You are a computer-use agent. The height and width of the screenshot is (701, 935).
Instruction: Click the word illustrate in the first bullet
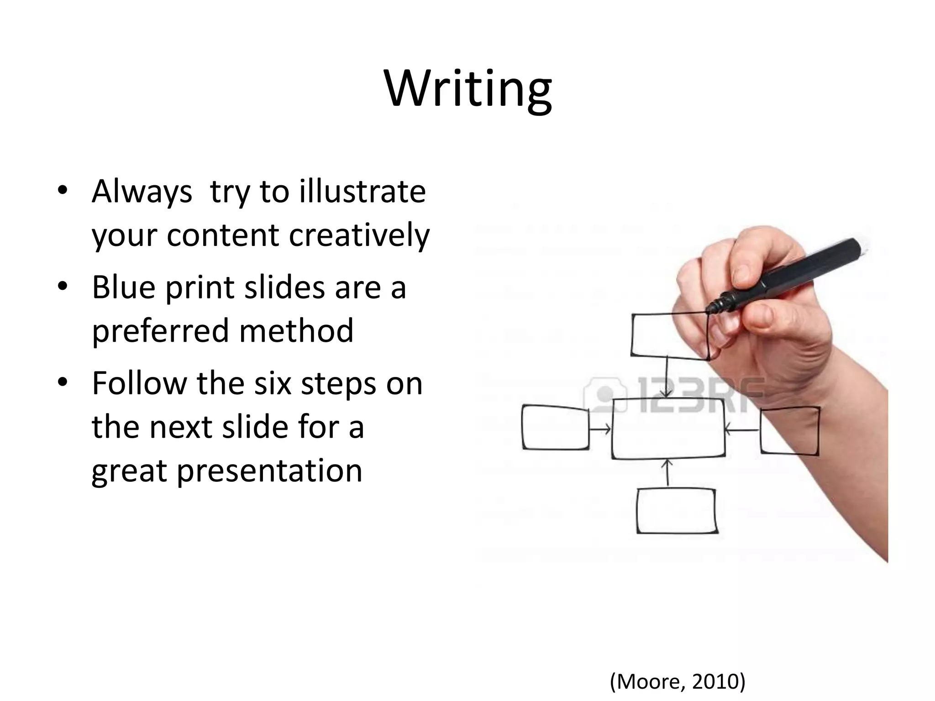(x=362, y=191)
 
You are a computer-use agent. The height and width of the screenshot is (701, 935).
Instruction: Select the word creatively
(x=359, y=235)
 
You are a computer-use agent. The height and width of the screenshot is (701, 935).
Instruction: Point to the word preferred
(x=160, y=331)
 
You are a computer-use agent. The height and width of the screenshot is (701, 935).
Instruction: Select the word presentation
(x=269, y=471)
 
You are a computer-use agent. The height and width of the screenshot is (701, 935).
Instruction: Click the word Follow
(x=139, y=383)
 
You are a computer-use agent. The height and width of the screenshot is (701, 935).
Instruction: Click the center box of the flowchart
(x=668, y=429)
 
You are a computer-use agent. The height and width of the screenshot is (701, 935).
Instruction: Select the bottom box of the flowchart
(x=677, y=511)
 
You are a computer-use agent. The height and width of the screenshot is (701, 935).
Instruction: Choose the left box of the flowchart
(x=555, y=428)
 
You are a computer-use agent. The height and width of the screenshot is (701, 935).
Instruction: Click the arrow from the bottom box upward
(x=667, y=473)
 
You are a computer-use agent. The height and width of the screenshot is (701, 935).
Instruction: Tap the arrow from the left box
(x=600, y=429)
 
